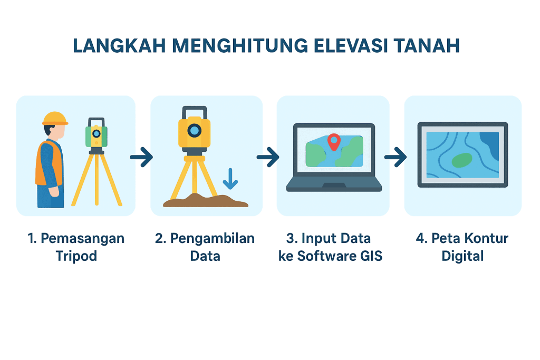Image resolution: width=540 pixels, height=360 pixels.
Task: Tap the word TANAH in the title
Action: (x=427, y=46)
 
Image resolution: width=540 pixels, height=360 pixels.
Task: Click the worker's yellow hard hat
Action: (x=55, y=119)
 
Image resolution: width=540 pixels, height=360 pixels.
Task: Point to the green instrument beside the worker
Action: (x=97, y=136)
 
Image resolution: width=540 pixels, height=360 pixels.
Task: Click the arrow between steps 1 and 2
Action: (x=141, y=157)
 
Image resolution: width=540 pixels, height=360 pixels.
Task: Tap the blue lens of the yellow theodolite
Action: (x=195, y=130)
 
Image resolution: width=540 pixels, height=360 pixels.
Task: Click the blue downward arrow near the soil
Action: (x=230, y=179)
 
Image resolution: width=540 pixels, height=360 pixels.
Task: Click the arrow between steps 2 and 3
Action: (x=268, y=157)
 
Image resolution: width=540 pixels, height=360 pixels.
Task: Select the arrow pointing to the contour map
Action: (x=396, y=157)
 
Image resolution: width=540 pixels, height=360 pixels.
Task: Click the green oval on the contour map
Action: (x=462, y=160)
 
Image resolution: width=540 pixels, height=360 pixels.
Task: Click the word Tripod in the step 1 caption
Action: (x=76, y=256)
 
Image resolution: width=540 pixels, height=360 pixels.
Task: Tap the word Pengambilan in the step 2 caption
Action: (x=212, y=239)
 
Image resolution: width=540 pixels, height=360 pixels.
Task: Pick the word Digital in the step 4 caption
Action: (x=462, y=256)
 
